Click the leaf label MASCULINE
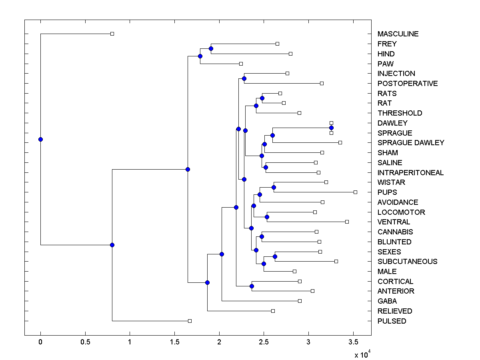398,34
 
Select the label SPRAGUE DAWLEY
411,143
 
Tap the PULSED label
392,321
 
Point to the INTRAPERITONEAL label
410,173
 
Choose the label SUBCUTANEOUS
407,262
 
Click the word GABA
387,301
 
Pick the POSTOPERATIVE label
408,84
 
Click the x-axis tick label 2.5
264,342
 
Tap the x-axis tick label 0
40,342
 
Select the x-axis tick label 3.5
353,342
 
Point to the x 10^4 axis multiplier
362,354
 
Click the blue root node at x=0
40,139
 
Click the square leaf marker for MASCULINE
112,34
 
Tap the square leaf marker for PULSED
190,321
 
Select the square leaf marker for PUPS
355,192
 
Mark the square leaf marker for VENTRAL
347,222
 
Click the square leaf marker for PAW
241,64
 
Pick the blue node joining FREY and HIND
211,48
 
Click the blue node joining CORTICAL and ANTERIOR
252,286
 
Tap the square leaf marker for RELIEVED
273,311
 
